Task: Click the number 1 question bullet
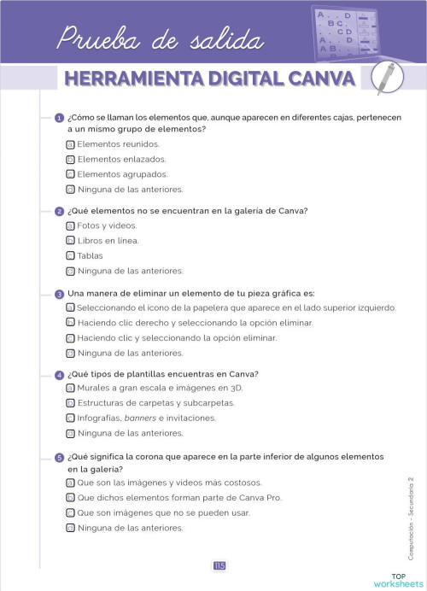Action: [x=59, y=117]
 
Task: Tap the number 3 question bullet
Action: [x=59, y=294]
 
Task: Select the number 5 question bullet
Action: [x=59, y=458]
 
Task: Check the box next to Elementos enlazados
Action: [x=71, y=159]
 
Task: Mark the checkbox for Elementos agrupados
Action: [x=71, y=174]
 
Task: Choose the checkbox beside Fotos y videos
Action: [x=71, y=225]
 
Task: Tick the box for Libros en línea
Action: [x=71, y=241]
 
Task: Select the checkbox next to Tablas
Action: [x=71, y=255]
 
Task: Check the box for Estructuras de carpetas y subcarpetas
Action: [x=71, y=403]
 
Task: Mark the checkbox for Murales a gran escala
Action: [x=71, y=388]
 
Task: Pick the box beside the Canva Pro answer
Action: [x=71, y=497]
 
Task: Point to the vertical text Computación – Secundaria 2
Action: [x=410, y=519]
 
